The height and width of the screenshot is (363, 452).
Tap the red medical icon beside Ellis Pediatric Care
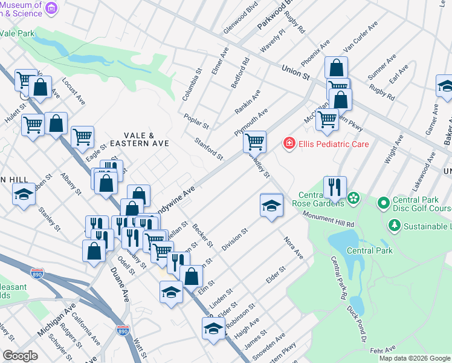[289, 143]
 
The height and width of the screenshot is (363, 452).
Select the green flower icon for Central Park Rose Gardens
[353, 198]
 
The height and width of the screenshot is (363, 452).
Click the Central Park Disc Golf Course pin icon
[384, 202]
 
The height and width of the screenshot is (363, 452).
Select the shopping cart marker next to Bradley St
[254, 142]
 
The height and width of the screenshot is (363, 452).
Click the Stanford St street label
[208, 149]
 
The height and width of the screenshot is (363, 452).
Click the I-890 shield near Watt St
[122, 330]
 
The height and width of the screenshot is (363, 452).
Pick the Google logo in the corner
[20, 356]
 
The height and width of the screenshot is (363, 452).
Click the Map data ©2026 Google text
[415, 358]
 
